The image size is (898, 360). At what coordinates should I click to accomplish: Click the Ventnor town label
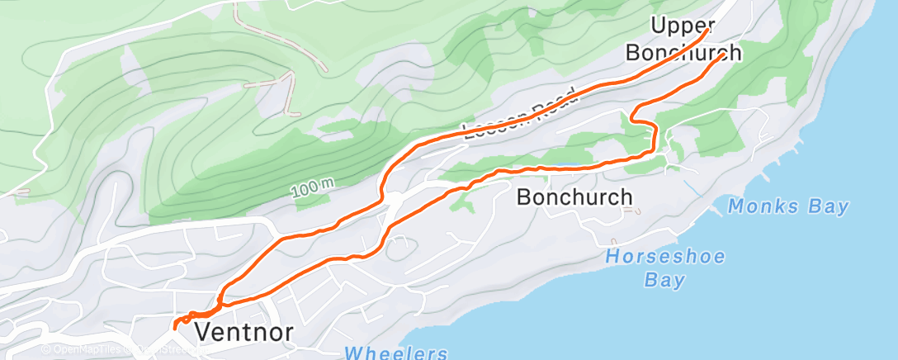(244, 332)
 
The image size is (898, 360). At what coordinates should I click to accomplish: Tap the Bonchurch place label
(574, 197)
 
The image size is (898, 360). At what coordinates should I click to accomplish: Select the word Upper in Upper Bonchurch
(682, 25)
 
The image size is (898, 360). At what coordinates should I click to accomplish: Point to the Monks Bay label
(788, 206)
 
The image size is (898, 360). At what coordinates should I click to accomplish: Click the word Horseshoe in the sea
(665, 257)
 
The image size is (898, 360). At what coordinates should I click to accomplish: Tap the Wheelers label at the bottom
(396, 353)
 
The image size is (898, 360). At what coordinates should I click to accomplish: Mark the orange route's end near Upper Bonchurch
(707, 31)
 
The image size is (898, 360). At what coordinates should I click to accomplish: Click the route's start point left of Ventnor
(175, 327)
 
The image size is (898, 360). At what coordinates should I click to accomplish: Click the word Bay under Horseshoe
(664, 281)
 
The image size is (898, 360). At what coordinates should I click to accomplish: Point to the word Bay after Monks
(829, 206)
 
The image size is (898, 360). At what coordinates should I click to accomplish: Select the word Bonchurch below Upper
(682, 53)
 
